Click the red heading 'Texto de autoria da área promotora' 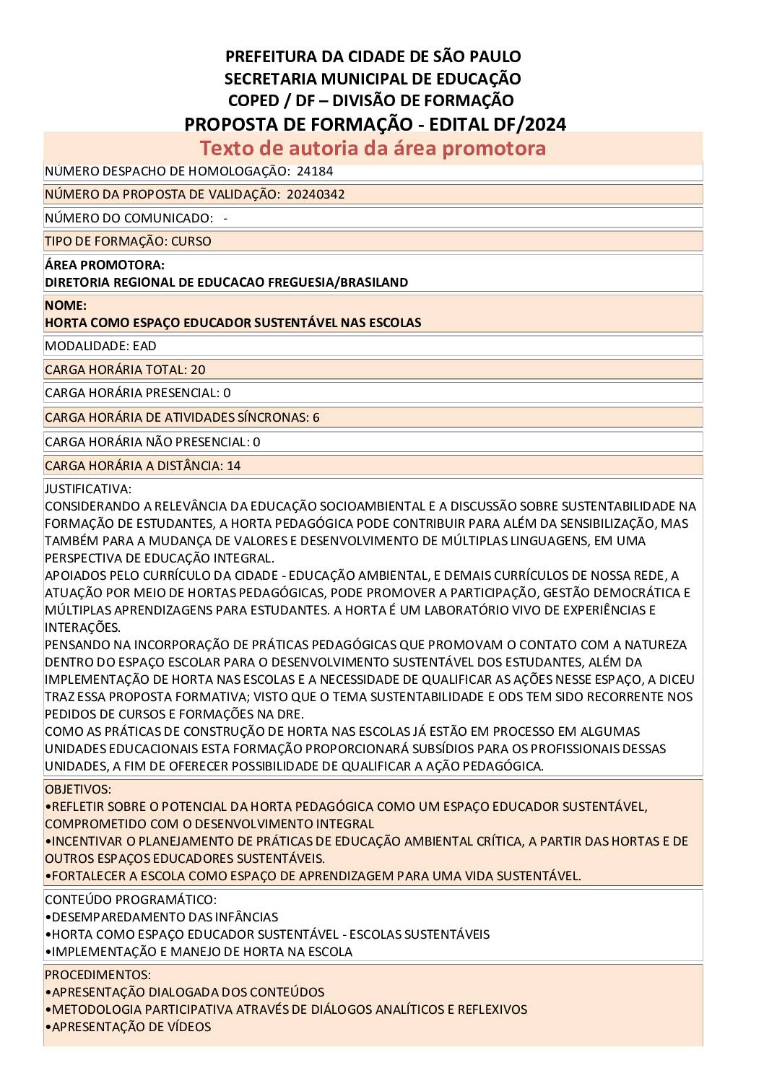point(373,148)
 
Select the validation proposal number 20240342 point(316,194)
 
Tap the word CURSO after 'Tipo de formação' point(191,241)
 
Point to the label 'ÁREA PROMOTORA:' point(105,265)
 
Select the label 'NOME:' point(66,305)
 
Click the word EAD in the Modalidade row point(144,346)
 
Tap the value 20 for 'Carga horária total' point(198,370)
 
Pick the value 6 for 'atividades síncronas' point(316,417)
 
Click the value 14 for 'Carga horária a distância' point(234,466)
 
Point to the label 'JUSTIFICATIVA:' point(88,489)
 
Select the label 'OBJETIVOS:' point(78,789)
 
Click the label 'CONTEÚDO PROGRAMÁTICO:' point(131,900)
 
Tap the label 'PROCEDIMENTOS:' point(97,975)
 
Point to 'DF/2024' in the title point(531,124)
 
